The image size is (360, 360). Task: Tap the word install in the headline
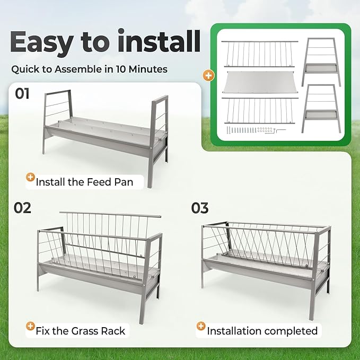[x=159, y=40]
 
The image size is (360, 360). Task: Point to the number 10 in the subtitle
[x=121, y=69]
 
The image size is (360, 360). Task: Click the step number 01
[x=22, y=93]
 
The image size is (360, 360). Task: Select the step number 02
[x=22, y=208]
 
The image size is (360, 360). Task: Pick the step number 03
[x=200, y=208]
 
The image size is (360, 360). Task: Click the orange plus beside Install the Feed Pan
[x=30, y=177]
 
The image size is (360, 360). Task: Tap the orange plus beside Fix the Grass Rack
[x=30, y=326]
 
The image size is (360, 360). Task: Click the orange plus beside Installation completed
[x=201, y=326]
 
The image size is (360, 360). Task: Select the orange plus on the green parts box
[x=208, y=75]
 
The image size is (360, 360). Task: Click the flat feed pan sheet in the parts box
[x=260, y=82]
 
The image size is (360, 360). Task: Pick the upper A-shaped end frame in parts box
[x=321, y=62]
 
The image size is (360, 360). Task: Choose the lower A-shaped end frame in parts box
[x=321, y=109]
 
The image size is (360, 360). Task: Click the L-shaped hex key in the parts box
[x=281, y=131]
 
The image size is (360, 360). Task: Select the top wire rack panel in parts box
[x=260, y=54]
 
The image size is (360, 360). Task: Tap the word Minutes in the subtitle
[x=148, y=69]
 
